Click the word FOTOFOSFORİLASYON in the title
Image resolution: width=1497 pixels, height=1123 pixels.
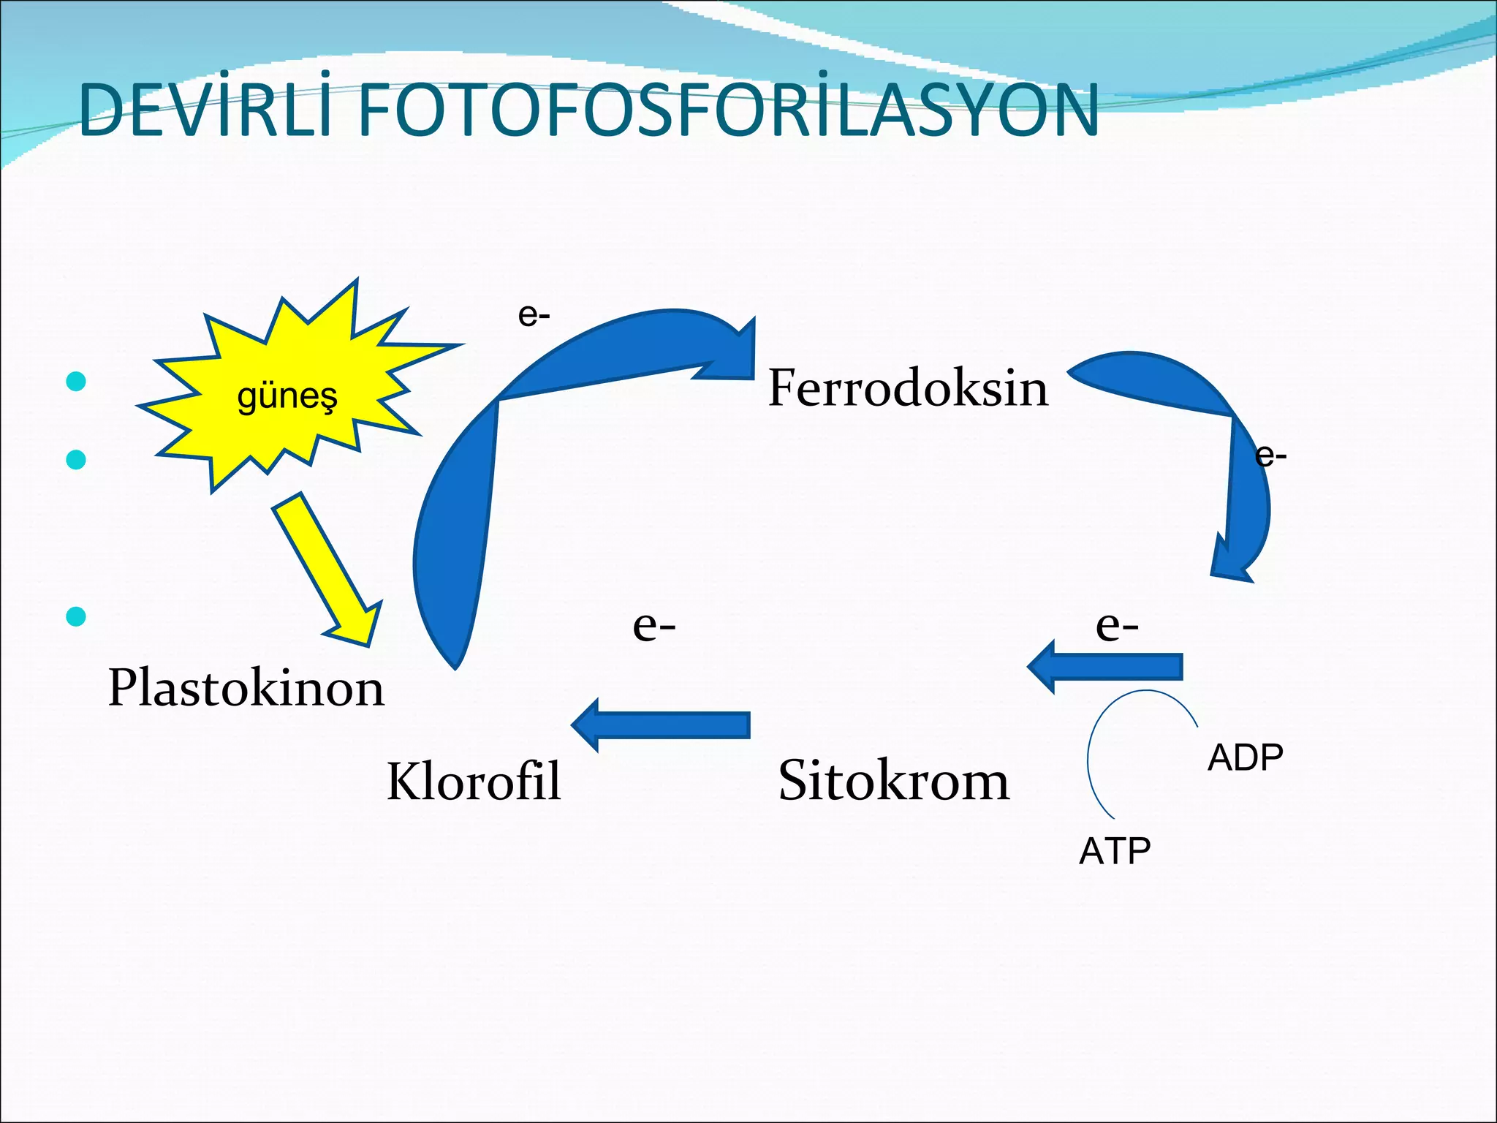[x=728, y=111]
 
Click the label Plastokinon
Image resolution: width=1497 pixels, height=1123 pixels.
[x=246, y=688]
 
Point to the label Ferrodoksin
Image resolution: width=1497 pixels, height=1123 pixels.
[x=908, y=387]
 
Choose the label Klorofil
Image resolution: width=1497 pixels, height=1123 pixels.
[x=474, y=780]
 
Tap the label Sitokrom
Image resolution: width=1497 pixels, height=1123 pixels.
[x=893, y=780]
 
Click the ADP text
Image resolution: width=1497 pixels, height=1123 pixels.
[x=1245, y=757]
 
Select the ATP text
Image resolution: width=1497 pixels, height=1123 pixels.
[x=1115, y=851]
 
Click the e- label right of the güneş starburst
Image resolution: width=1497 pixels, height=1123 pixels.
[x=534, y=315]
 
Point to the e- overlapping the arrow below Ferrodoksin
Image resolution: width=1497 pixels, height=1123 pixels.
[x=1271, y=455]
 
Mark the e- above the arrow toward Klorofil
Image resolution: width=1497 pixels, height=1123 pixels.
[x=654, y=625]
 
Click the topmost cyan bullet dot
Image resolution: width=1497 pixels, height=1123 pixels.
[x=76, y=381]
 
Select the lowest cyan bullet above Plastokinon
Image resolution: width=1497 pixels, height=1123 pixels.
[x=76, y=616]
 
